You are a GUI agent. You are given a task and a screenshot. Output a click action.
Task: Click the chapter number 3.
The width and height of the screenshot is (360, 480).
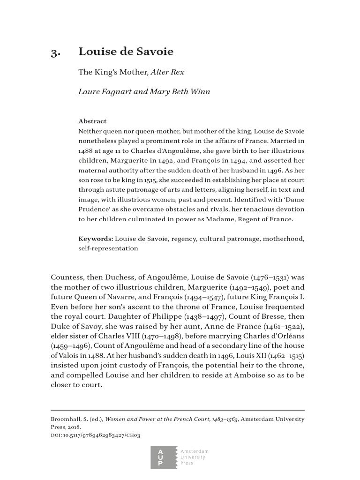pyautogui.click(x=56, y=52)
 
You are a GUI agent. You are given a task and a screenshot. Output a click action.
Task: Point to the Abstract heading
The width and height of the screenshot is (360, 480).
pyautogui.click(x=92, y=121)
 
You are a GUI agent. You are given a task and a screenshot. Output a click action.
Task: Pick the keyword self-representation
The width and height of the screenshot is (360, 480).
pyautogui.click(x=108, y=248)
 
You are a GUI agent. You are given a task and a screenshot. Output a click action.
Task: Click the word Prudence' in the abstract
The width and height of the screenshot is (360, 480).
pyautogui.click(x=95, y=210)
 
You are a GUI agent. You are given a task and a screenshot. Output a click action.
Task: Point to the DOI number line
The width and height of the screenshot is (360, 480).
pyautogui.click(x=96, y=435)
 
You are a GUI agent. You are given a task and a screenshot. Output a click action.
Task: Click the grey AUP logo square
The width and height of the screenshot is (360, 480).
pyautogui.click(x=161, y=457)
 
